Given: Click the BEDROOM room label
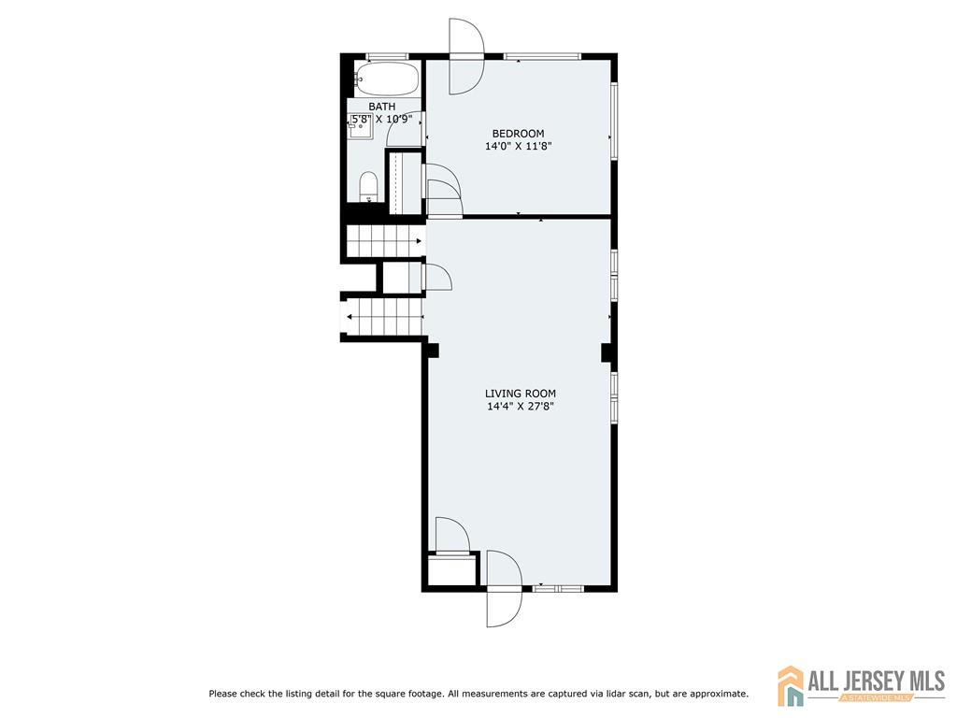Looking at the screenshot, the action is click(x=518, y=134).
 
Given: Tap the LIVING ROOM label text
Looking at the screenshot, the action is click(x=521, y=394).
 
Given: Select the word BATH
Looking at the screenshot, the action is click(x=382, y=107).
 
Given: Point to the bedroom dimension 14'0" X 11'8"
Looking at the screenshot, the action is click(x=518, y=147).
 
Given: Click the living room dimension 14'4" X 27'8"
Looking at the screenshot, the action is click(x=521, y=407).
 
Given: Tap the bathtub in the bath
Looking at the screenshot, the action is click(x=387, y=79).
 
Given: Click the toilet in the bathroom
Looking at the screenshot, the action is click(x=368, y=187).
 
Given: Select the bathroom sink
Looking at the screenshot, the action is click(x=361, y=126).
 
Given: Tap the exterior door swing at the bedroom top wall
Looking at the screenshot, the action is click(x=466, y=56).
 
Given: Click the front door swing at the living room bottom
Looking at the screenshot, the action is click(x=504, y=589).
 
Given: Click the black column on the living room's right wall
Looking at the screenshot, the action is click(x=607, y=352).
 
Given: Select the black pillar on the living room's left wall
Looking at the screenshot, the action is click(x=432, y=350).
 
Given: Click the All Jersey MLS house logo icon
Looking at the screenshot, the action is click(x=791, y=685).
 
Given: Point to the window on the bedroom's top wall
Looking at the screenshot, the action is click(x=543, y=57).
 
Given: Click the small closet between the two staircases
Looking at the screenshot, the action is click(x=402, y=278).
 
